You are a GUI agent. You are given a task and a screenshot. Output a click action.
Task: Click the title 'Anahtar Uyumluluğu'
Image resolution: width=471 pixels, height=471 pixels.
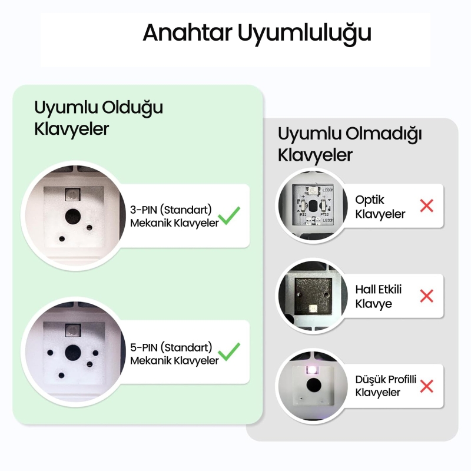(x=257, y=32)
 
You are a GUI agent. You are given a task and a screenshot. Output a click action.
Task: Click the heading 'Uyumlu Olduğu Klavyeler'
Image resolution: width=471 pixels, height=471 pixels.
(x=98, y=118)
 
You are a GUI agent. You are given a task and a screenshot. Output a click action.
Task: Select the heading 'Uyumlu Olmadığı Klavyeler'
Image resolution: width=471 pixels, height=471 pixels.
(x=350, y=144)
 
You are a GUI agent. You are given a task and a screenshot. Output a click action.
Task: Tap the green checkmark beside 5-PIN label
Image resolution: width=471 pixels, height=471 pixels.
(x=230, y=351)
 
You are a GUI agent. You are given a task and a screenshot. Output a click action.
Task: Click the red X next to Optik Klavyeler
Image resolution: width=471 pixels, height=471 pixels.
(x=426, y=206)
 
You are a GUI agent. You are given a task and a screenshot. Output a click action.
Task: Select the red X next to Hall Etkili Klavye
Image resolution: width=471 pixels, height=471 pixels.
(x=426, y=296)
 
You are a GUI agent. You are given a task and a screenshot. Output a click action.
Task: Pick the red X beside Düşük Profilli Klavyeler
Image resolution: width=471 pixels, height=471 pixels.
(x=426, y=386)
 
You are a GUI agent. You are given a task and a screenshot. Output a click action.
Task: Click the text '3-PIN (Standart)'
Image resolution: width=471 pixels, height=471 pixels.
(x=171, y=209)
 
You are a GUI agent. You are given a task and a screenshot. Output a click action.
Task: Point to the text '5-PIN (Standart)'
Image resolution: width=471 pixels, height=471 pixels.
(x=171, y=346)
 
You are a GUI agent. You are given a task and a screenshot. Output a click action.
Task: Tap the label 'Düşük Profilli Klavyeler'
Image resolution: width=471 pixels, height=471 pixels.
(x=386, y=386)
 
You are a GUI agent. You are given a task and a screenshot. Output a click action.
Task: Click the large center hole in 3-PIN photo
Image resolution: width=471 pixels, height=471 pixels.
(x=74, y=214)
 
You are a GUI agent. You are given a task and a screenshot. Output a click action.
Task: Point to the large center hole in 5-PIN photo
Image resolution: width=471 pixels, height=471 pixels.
(x=72, y=351)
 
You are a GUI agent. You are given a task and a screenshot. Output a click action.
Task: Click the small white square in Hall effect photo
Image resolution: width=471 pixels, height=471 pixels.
(x=312, y=309)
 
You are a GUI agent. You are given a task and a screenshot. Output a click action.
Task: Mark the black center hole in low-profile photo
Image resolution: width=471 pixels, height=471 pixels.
(x=312, y=386)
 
